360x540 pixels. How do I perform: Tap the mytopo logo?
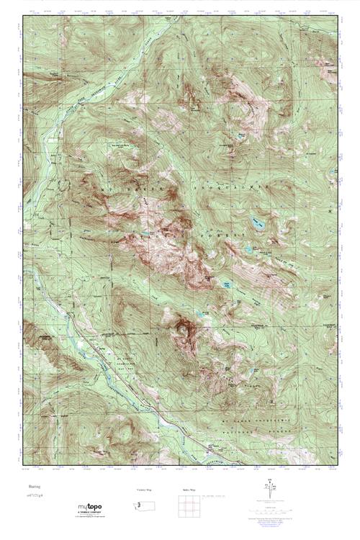click(90, 507)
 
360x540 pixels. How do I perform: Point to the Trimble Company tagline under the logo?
click(90, 513)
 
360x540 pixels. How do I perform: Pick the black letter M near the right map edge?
click(330, 212)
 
